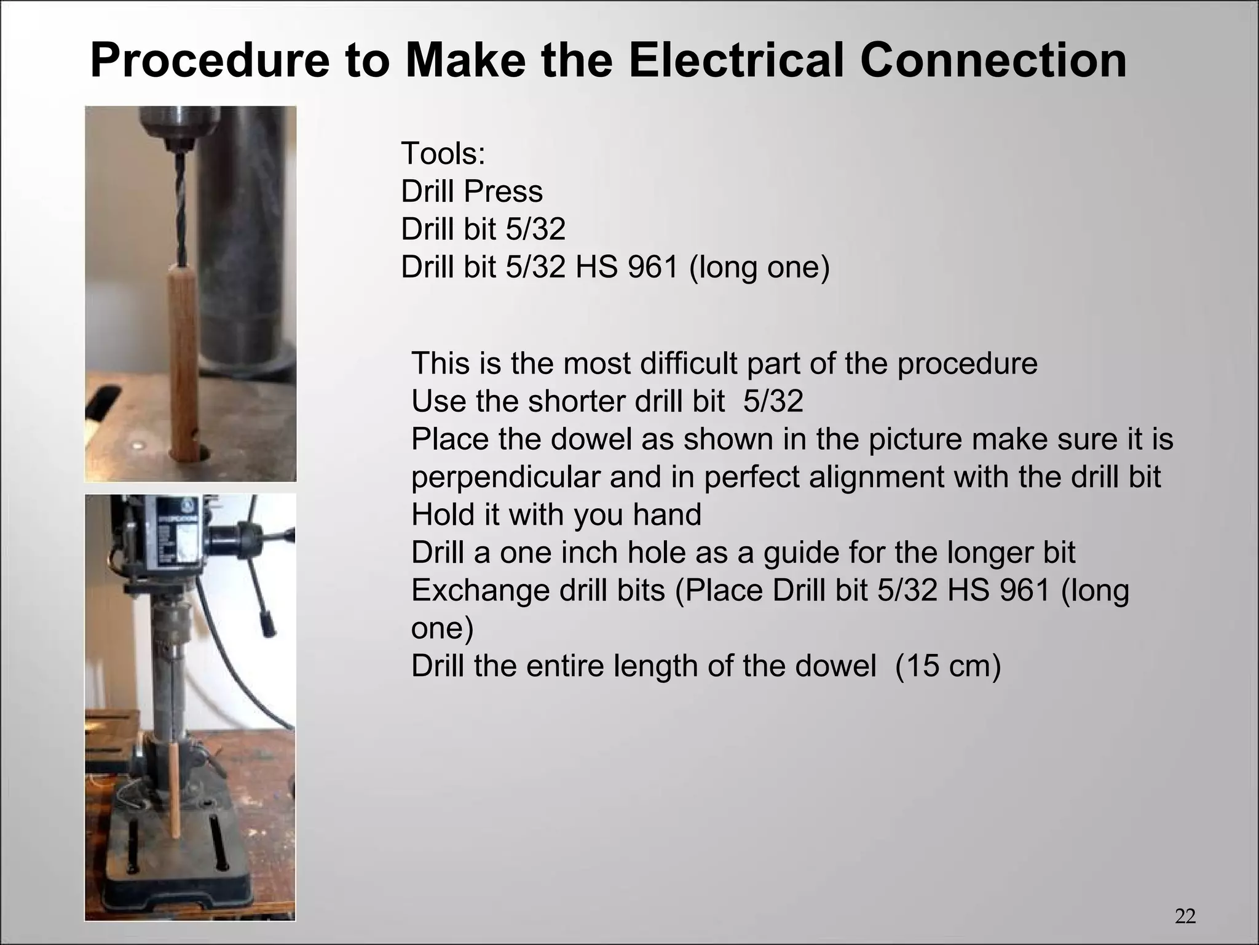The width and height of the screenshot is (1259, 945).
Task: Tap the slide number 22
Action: (x=1185, y=916)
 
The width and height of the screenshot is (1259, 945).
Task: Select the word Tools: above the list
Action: (x=443, y=153)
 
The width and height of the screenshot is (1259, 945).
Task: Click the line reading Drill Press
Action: (x=472, y=191)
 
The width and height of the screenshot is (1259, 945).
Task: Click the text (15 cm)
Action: (x=948, y=666)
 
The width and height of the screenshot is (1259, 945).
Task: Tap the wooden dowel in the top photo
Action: (x=182, y=363)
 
